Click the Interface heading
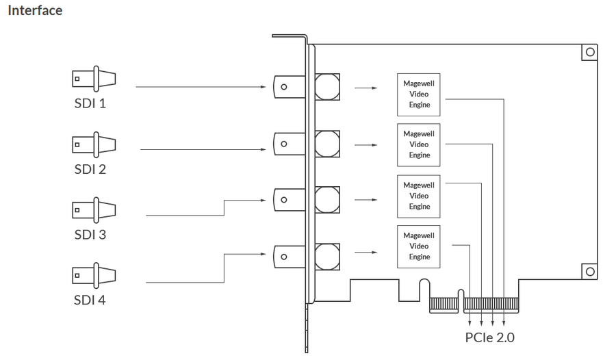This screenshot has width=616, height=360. pyautogui.click(x=35, y=10)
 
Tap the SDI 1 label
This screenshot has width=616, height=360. pyautogui.click(x=90, y=103)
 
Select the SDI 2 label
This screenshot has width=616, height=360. pyautogui.click(x=90, y=169)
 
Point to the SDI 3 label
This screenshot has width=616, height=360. pyautogui.click(x=90, y=235)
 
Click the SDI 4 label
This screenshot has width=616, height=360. pyautogui.click(x=90, y=300)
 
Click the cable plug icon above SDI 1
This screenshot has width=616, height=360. pyautogui.click(x=94, y=79)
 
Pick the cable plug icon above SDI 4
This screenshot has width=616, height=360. pyautogui.click(x=94, y=276)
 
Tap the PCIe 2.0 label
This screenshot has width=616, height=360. pyautogui.click(x=489, y=337)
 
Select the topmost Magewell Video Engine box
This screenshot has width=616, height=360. pyautogui.click(x=418, y=94)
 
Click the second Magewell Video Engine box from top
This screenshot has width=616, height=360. pyautogui.click(x=418, y=145)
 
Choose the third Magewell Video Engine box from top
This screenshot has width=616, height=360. pyautogui.click(x=418, y=196)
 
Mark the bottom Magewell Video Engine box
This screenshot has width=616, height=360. pyautogui.click(x=418, y=247)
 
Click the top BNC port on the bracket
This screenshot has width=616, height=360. pyautogui.click(x=289, y=87)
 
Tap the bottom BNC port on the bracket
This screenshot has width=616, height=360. pyautogui.click(x=289, y=257)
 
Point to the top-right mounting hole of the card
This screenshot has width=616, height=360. pyautogui.click(x=590, y=52)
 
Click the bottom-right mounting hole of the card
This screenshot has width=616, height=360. pyautogui.click(x=590, y=272)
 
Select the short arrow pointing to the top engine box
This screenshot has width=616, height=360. pyautogui.click(x=365, y=88)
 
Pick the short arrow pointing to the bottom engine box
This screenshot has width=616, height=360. pyautogui.click(x=365, y=253)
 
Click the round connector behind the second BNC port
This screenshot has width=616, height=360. pyautogui.click(x=327, y=144)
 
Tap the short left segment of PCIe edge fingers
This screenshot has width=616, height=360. pyautogui.click(x=444, y=304)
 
